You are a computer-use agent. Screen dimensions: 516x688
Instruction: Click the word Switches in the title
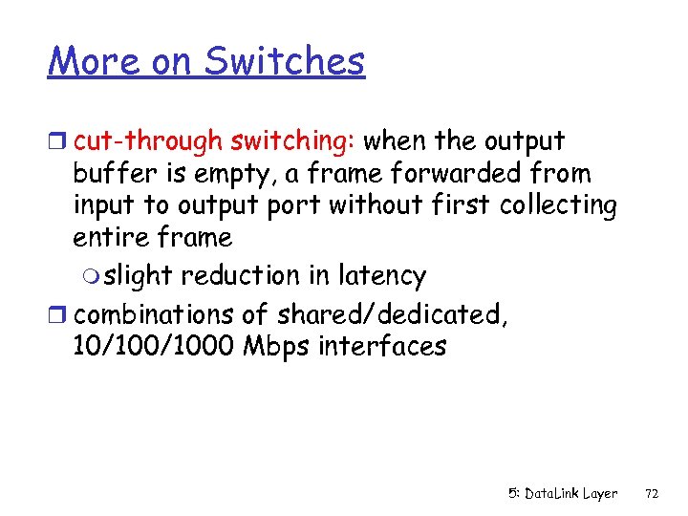pos(285,61)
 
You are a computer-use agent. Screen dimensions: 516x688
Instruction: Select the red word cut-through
pos(148,141)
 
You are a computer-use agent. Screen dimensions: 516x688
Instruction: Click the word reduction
pos(240,276)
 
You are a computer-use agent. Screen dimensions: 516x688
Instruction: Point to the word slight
pos(140,276)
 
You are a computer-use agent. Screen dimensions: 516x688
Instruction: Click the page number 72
pos(653,494)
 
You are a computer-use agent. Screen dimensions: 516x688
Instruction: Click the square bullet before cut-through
pos(58,142)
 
